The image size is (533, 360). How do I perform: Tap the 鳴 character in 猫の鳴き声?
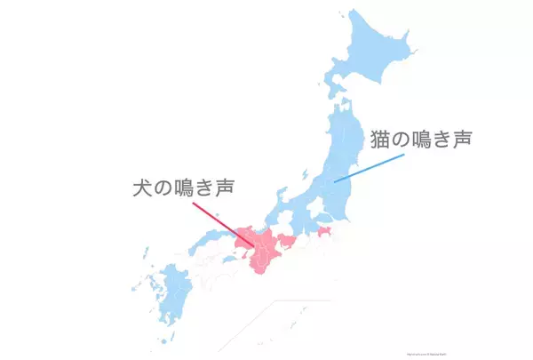425,140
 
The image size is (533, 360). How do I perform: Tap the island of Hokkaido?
373,53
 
